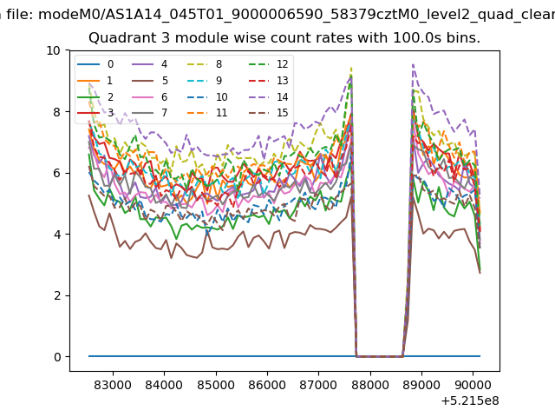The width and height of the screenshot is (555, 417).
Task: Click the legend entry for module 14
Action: (x=269, y=96)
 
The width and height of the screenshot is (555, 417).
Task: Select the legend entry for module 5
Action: (x=150, y=81)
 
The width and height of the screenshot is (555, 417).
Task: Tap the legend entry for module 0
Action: (x=95, y=64)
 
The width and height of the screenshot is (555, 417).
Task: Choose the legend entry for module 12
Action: (x=269, y=64)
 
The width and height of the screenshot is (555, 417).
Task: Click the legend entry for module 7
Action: (x=150, y=113)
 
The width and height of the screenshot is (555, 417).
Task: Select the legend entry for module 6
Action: (x=150, y=96)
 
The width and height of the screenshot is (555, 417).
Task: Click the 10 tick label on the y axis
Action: (x=54, y=50)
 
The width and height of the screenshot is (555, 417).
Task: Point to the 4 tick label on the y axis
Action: (x=57, y=235)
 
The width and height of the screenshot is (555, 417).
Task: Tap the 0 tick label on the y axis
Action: (x=57, y=357)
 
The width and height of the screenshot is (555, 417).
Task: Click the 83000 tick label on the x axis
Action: (x=113, y=385)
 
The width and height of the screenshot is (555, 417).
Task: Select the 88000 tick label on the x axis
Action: (x=370, y=385)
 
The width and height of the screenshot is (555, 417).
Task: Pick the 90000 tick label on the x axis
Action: (x=473, y=385)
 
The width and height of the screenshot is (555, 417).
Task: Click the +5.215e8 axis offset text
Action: (x=470, y=401)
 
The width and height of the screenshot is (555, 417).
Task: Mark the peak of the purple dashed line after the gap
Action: (x=413, y=65)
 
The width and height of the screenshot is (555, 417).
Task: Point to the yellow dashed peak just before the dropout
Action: (x=351, y=68)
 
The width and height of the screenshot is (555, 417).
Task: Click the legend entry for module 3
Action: (x=95, y=113)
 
